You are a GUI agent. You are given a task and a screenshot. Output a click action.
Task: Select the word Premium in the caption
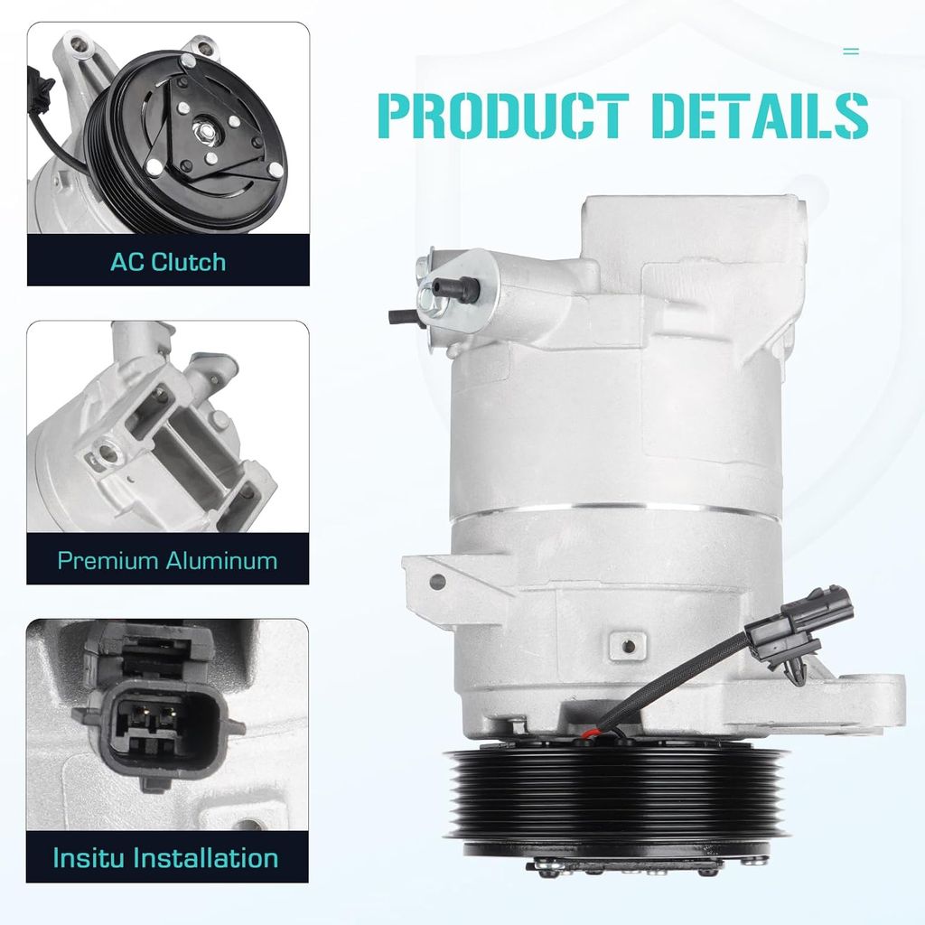coord(108,560)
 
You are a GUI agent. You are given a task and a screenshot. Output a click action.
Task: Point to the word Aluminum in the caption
coord(222,560)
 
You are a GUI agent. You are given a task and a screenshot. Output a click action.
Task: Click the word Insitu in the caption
coord(89,858)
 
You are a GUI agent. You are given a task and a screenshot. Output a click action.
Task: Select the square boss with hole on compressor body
coord(628,645)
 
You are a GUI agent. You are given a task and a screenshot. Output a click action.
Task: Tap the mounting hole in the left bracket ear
coord(437,582)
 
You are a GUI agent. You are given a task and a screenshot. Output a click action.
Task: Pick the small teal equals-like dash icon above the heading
coord(851,51)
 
